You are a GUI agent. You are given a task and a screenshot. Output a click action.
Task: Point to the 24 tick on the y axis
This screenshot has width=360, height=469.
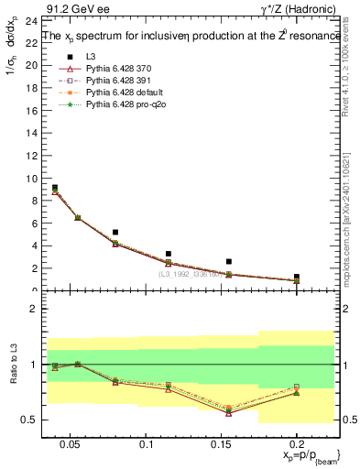click(x=27, y=19)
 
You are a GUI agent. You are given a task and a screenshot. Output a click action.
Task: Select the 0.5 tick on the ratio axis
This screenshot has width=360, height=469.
click(x=25, y=420)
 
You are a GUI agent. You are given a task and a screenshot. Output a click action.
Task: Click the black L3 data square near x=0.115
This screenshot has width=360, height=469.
click(x=168, y=254)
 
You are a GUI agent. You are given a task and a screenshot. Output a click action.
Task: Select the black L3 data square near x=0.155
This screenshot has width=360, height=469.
click(x=229, y=261)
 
